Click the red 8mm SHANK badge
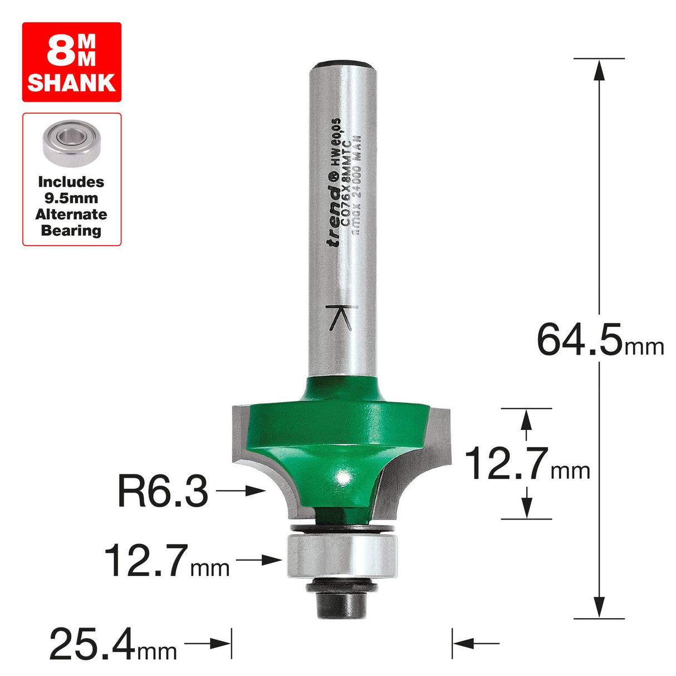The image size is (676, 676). [71, 62]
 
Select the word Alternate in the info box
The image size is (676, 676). [71, 214]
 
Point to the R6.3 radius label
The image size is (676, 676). [163, 491]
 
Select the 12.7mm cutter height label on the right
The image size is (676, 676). [526, 463]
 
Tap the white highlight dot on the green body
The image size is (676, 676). [342, 477]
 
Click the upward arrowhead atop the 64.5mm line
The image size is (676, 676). [599, 69]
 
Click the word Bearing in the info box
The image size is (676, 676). [71, 231]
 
